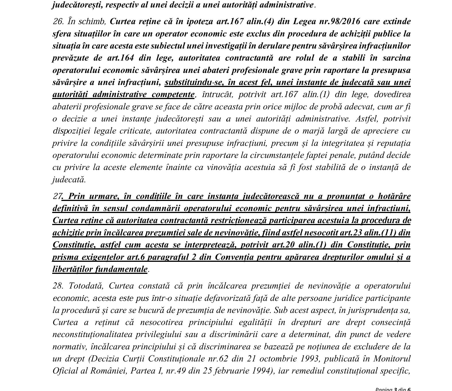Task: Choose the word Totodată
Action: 85,286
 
